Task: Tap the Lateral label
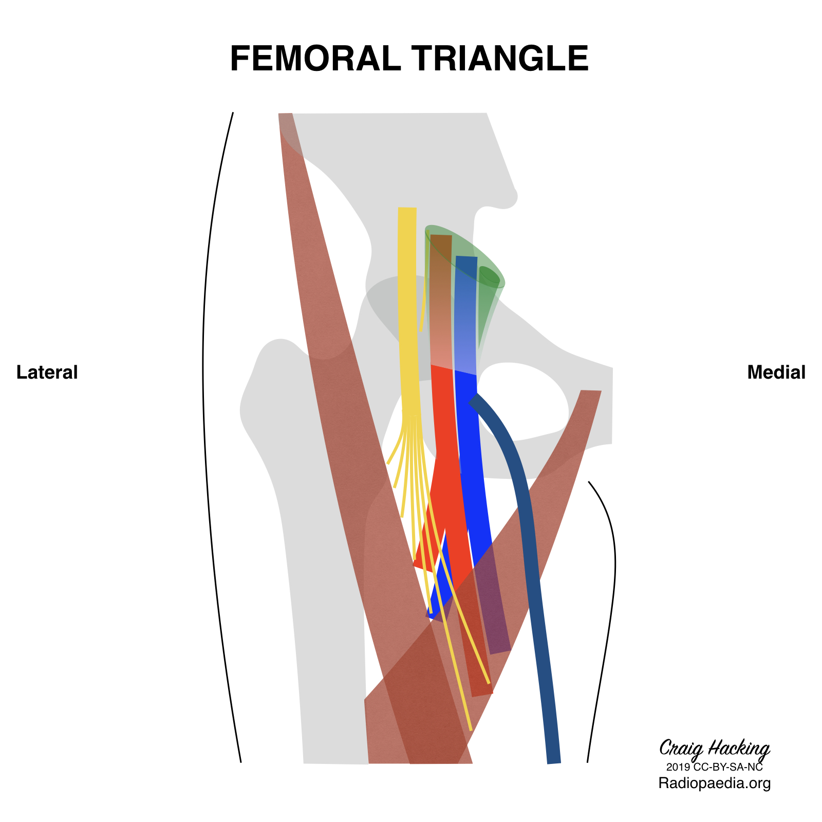point(47,372)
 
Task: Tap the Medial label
point(776,372)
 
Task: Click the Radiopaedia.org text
point(714,783)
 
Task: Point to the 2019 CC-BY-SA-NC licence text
point(714,768)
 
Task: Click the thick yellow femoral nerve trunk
point(408,308)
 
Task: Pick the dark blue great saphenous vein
point(524,514)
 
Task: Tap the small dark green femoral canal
point(489,276)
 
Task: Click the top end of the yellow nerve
point(407,211)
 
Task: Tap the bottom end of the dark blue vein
point(553,759)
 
